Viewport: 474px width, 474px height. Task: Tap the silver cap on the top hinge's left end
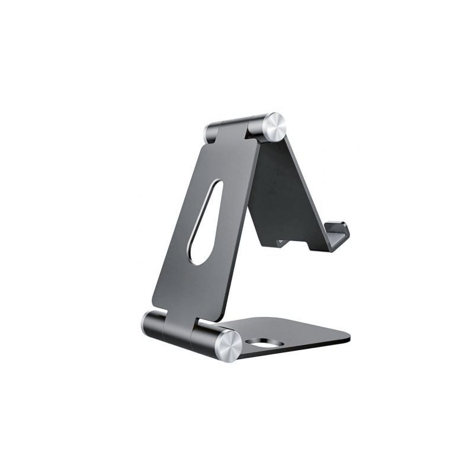[209, 133]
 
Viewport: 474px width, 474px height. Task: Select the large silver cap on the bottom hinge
[228, 345]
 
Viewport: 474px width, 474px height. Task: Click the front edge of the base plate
[296, 351]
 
